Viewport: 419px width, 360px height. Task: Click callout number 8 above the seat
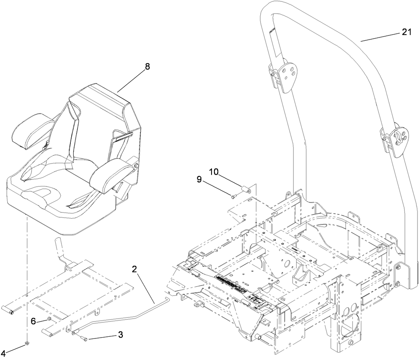coord(147,67)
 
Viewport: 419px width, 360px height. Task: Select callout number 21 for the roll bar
coord(407,33)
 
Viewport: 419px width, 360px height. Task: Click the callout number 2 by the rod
coord(135,269)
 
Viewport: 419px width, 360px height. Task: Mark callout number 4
coord(3,353)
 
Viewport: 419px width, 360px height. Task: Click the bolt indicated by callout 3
coord(83,338)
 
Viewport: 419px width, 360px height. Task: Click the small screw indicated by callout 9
coord(234,197)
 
